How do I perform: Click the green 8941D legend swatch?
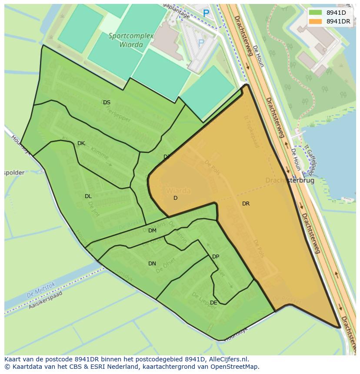coord(316,13)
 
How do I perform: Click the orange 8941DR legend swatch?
coord(316,21)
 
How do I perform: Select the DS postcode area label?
coord(107,103)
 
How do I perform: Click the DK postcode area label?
coord(81,143)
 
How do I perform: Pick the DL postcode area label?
coord(88,196)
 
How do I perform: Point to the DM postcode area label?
coord(152,231)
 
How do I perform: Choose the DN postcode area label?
coord(152,264)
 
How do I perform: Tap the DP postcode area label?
coord(216,257)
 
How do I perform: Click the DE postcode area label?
coord(213,303)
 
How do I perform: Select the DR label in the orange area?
coord(246,204)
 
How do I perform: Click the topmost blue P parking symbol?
coord(206,13)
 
